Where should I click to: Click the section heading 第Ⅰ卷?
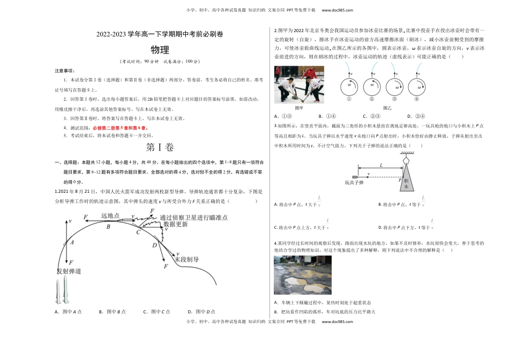point(159,148)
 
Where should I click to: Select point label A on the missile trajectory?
point(72,242)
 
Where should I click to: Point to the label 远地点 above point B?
point(110,215)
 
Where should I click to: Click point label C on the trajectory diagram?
point(138,232)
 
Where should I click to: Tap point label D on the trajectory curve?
point(154,245)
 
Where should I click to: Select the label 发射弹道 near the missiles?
point(69,271)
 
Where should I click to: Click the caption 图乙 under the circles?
point(388,108)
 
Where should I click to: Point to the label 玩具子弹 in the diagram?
point(355,183)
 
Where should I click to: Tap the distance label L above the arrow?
point(381,165)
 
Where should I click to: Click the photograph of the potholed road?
point(302,275)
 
